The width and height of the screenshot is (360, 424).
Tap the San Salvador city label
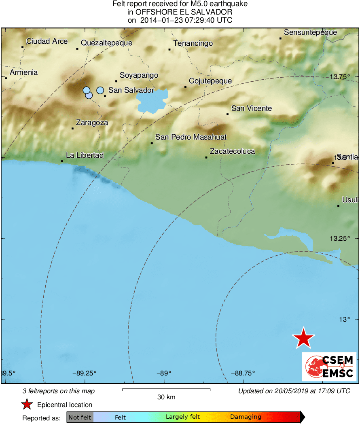pyautogui.click(x=131, y=90)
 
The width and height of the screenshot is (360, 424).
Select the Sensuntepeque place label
pyautogui.click(x=310, y=32)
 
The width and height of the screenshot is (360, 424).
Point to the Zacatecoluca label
pyautogui.click(x=232, y=151)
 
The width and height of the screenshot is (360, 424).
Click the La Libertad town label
pyautogui.click(x=85, y=155)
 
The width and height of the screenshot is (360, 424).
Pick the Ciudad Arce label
pyautogui.click(x=47, y=41)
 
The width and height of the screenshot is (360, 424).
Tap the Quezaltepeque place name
pyautogui.click(x=106, y=43)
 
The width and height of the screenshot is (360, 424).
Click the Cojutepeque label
pyautogui.click(x=210, y=81)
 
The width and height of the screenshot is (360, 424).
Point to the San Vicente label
pyautogui.click(x=251, y=108)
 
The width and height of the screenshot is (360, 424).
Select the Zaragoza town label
pyautogui.click(x=92, y=123)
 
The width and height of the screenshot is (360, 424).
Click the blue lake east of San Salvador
pyautogui.click(x=152, y=101)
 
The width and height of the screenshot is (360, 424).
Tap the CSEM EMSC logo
pyautogui.click(x=329, y=367)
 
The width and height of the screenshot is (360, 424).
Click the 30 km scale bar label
pyautogui.click(x=166, y=397)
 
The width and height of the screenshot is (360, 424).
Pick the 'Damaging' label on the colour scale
pyautogui.click(x=246, y=417)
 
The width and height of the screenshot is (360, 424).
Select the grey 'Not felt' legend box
pyautogui.click(x=80, y=417)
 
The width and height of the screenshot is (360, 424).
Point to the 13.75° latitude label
pyautogui.click(x=339, y=76)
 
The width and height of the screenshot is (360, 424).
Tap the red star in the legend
pyautogui.click(x=27, y=404)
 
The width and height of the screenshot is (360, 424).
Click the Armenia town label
pyautogui.click(x=24, y=72)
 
